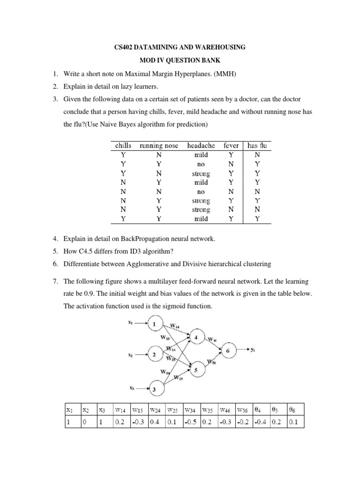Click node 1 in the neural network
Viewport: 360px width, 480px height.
coord(156,324)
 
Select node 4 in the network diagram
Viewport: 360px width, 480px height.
coord(196,338)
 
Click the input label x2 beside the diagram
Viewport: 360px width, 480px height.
coord(130,356)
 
